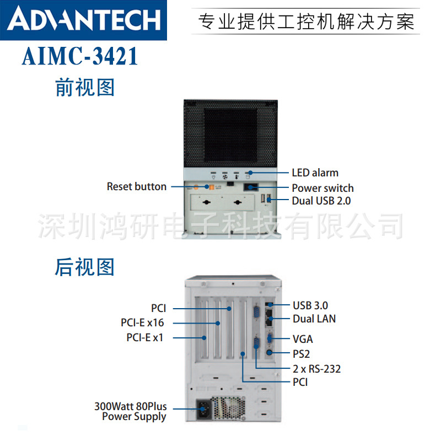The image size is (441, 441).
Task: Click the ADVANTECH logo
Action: coord(85,20)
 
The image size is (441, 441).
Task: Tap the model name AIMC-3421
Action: coord(80,57)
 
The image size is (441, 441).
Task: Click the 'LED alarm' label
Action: coord(315,173)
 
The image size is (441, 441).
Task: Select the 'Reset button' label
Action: coord(137,187)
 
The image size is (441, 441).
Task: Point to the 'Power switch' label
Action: coord(322,188)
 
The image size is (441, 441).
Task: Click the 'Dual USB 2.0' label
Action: coord(321,201)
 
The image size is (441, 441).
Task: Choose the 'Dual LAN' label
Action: coord(314,319)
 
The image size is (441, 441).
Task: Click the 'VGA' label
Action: coord(303,339)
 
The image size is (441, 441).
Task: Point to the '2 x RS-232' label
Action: coord(316,369)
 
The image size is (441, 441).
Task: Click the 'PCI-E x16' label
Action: coord(142,323)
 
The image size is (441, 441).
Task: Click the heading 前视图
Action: coord(84,88)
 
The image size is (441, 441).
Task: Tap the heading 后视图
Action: coord(84,267)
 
